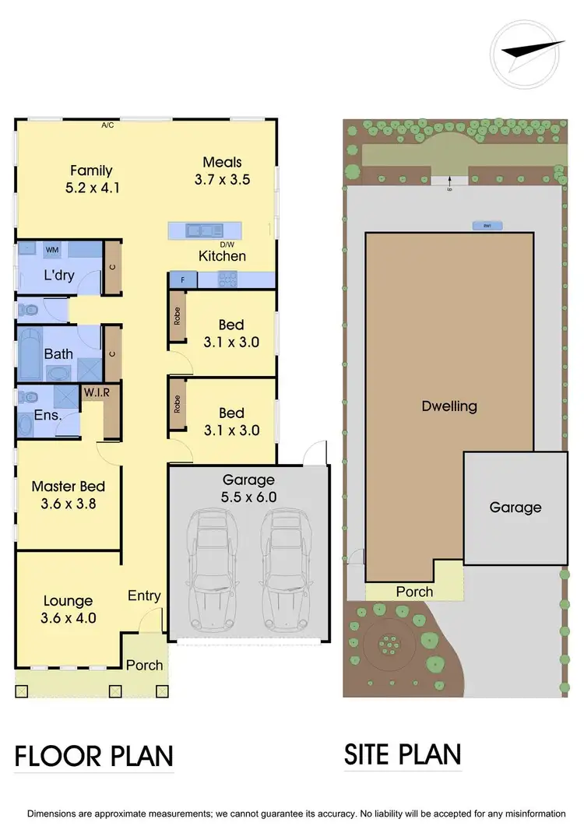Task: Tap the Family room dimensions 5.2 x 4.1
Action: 91,188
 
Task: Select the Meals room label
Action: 222,162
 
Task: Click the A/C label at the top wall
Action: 107,125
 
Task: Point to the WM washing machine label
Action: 53,250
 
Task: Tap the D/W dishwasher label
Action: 228,244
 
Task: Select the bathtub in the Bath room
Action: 32,353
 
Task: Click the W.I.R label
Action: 97,392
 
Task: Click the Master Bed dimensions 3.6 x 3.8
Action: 68,503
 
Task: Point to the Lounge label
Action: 68,601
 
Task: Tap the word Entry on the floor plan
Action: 144,596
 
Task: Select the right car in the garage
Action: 285,571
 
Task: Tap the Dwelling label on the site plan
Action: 449,406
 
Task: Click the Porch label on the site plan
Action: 414,592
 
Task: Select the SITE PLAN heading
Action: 403,754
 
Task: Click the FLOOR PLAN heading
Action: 94,756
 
